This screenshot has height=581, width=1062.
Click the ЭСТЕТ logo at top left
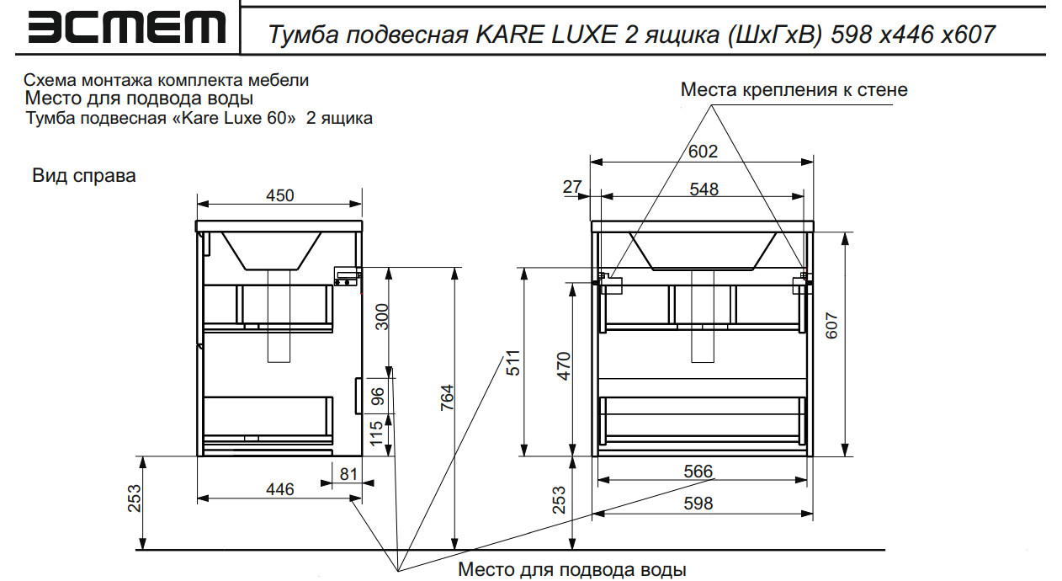pos(126,28)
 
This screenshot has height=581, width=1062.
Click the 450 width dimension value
pos(280,195)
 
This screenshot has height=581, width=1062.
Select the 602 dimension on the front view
pos(703,152)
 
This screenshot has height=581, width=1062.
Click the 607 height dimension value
pos(832,326)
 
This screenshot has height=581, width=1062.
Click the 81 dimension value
pos(348,475)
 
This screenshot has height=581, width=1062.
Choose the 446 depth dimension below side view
pos(280,489)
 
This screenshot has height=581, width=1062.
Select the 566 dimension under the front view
pos(698,472)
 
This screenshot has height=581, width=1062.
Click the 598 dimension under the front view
pos(698,504)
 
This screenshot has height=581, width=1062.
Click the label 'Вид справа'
pos(84,176)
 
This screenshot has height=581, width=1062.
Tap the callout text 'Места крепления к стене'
pos(794,89)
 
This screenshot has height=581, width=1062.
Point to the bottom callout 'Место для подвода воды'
pos(572,570)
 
